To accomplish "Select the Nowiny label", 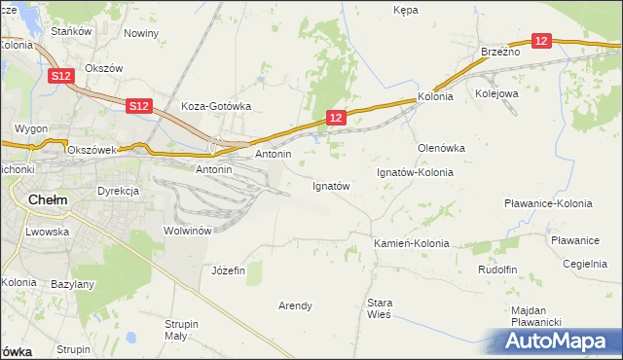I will tap(141, 33).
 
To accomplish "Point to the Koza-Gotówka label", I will tap(217, 107).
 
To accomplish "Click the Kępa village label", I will tap(405, 10).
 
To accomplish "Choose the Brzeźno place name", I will tap(500, 52).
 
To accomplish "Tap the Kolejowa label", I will tap(496, 94).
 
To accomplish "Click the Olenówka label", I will tap(441, 148).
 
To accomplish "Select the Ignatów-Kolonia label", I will tap(416, 172).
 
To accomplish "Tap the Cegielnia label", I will tap(585, 264).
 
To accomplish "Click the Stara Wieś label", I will tap(379, 308).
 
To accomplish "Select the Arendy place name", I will tap(296, 306).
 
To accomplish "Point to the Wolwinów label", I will tap(188, 231).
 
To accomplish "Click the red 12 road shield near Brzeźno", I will tap(542, 41).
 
